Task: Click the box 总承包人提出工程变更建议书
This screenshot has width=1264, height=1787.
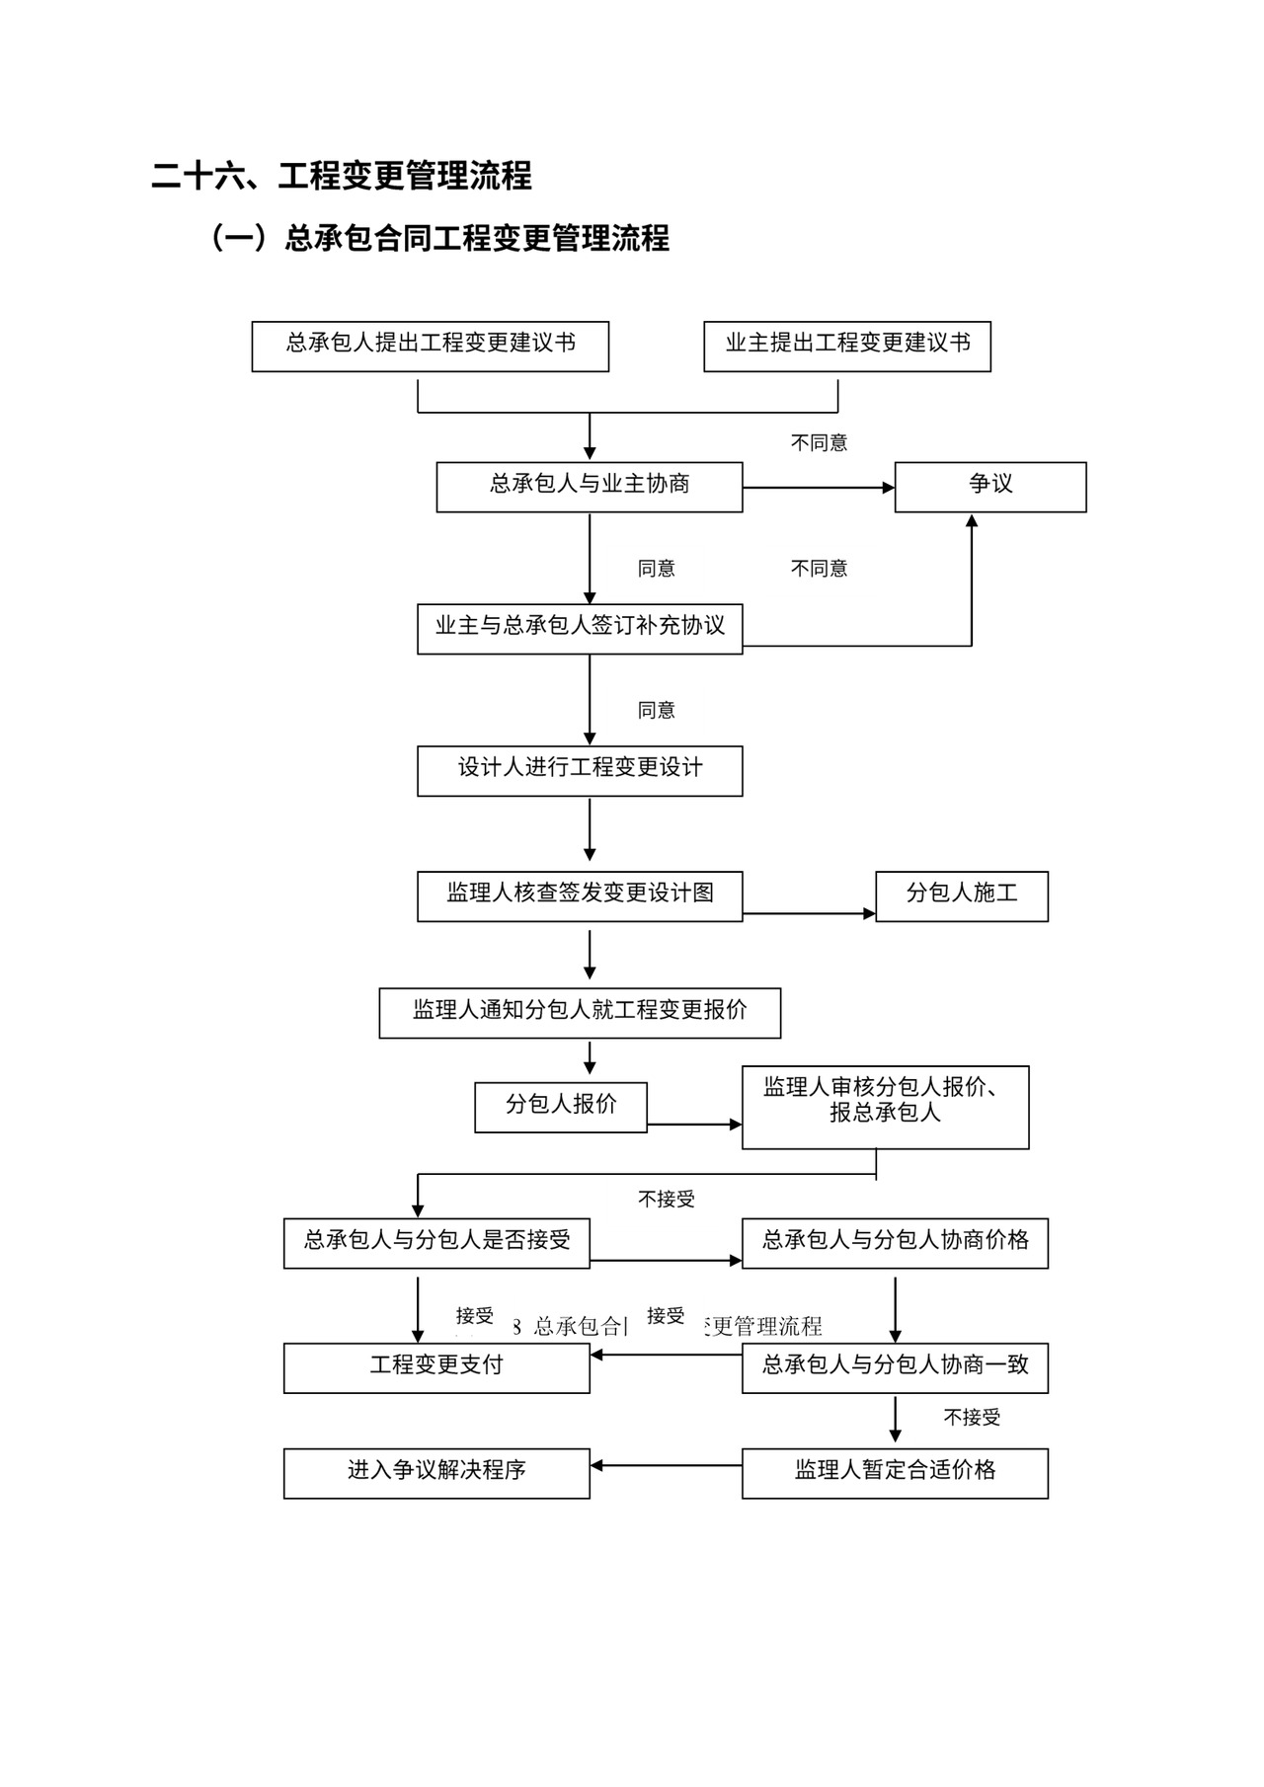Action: [430, 346]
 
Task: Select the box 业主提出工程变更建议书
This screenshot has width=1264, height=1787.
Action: [846, 346]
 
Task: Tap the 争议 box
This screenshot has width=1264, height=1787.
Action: [989, 487]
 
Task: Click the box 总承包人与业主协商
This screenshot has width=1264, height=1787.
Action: [589, 487]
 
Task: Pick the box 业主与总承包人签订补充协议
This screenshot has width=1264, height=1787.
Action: [579, 629]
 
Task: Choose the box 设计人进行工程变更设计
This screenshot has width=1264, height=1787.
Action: [579, 770]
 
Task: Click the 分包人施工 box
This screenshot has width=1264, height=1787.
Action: [961, 895]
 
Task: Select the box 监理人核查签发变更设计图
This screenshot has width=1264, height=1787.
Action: [579, 895]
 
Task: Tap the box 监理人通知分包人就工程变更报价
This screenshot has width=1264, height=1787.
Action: [579, 1012]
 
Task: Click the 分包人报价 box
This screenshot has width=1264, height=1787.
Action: [560, 1107]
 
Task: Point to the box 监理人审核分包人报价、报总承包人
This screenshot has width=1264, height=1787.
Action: [885, 1107]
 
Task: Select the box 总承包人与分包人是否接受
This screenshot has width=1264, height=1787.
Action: [435, 1243]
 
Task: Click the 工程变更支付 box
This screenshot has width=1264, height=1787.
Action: [435, 1367]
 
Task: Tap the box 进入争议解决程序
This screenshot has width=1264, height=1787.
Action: [435, 1473]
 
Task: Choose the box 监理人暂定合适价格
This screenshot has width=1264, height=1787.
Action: [895, 1473]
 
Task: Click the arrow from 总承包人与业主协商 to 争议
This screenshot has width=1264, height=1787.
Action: [818, 488]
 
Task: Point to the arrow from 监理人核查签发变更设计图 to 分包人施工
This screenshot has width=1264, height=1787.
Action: [808, 913]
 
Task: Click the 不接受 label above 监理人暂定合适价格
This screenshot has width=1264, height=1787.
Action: [972, 1418]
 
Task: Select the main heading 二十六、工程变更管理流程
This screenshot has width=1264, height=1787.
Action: [342, 176]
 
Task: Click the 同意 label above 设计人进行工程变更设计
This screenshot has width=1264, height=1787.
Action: [656, 710]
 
